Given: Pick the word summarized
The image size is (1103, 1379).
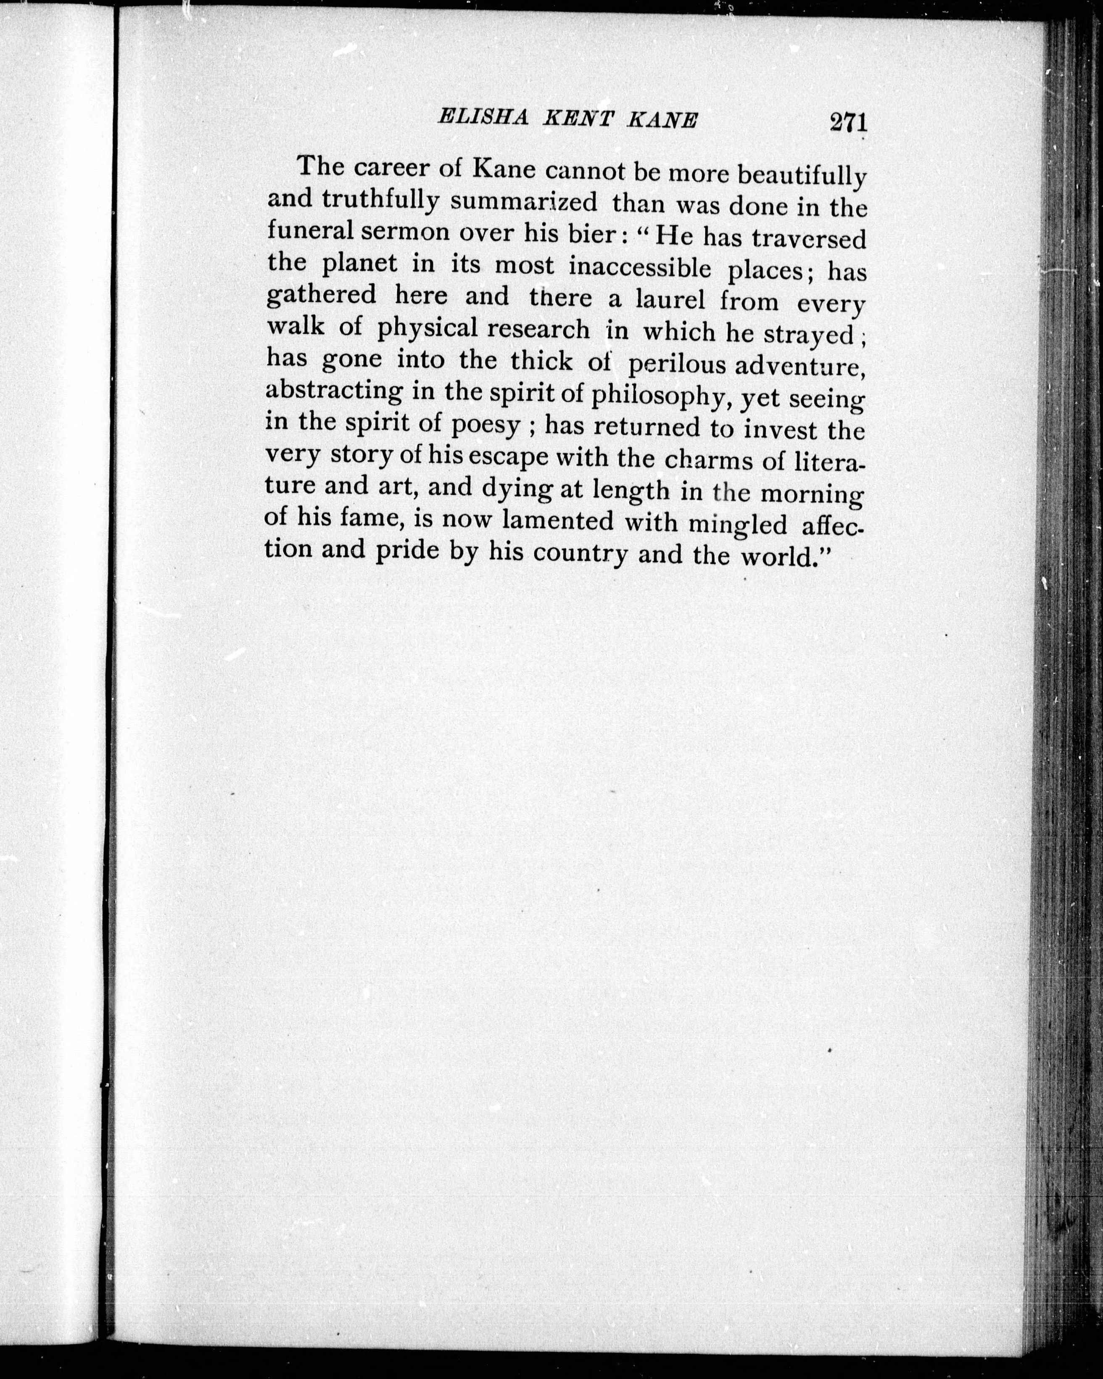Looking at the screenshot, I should click(524, 202).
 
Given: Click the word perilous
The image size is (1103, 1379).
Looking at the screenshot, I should click(677, 364).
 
